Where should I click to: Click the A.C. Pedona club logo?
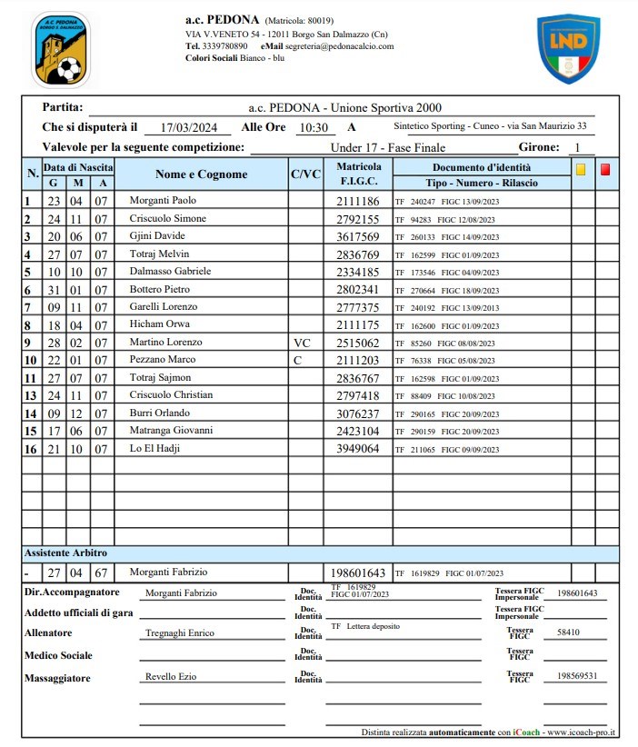61,49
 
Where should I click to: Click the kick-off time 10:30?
314,128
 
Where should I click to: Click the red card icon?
605,168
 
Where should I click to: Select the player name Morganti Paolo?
163,201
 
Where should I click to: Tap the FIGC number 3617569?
357,236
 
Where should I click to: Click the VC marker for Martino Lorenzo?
302,343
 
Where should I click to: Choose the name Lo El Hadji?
158,449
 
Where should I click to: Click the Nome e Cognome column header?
201,174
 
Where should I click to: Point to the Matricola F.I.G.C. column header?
358,174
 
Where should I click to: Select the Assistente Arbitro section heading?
65,553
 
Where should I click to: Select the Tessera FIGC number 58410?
569,632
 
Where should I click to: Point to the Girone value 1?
577,147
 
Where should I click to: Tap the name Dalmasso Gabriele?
170,272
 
